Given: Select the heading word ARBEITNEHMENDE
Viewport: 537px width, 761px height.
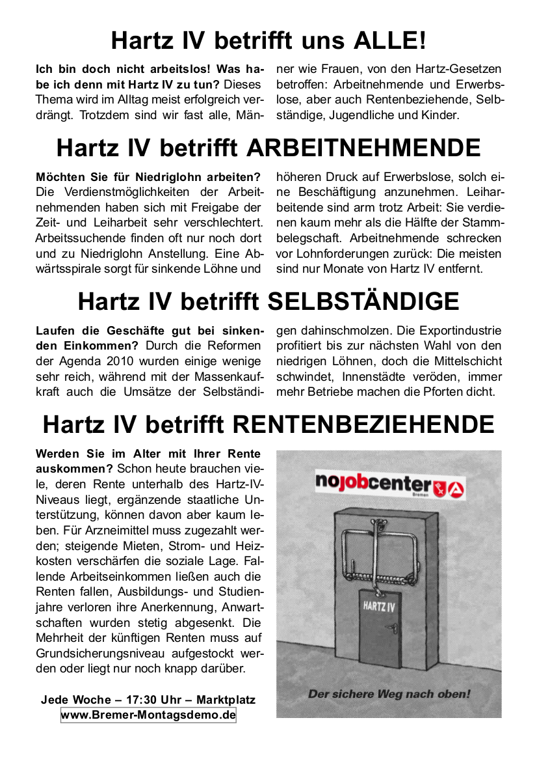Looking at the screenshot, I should [x=364, y=148].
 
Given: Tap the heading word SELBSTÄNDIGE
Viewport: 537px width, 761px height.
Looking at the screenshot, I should [x=363, y=301].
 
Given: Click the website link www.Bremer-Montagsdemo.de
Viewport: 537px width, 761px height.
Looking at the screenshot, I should [x=148, y=715].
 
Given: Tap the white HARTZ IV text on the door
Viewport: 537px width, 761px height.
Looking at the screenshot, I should [x=380, y=607].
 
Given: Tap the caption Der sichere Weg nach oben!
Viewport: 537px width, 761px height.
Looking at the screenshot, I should [x=388, y=694].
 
